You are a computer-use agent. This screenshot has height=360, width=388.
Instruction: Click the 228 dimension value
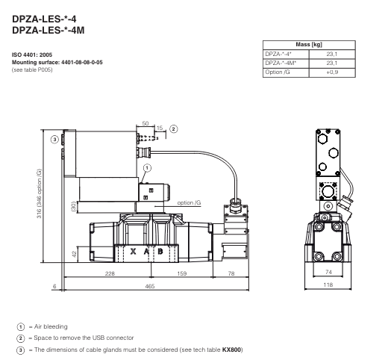tap(110, 274)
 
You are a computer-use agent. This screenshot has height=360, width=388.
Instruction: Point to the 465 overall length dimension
tap(149, 287)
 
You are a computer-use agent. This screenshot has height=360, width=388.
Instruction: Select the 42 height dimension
tap(75, 255)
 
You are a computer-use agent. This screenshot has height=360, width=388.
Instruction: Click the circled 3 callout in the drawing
tap(54, 139)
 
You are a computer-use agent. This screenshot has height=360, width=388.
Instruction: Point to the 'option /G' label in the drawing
tap(189, 202)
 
